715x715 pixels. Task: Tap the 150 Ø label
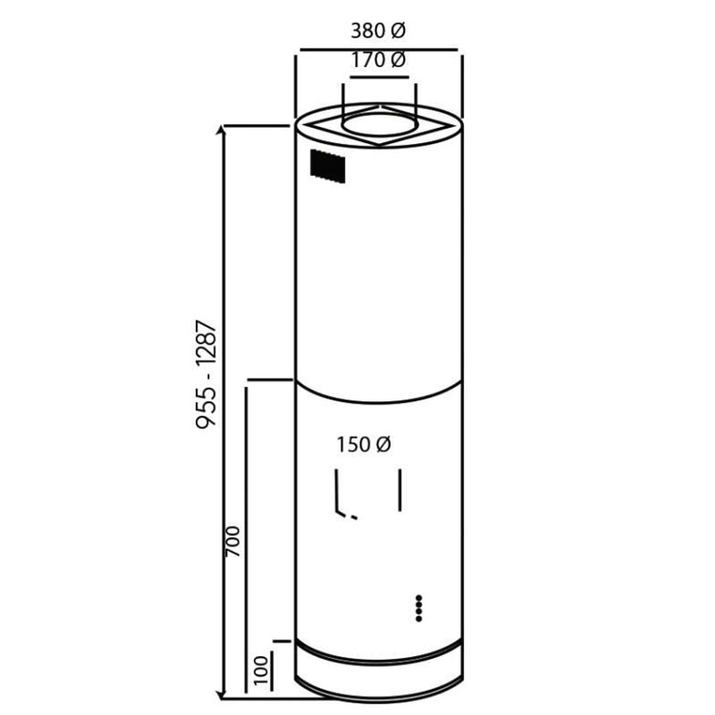coord(365,444)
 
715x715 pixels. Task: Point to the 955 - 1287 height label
coord(206,374)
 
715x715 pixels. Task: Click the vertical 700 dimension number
coord(233,542)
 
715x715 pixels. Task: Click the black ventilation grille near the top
coord(328,166)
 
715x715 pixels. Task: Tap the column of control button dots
coord(418,607)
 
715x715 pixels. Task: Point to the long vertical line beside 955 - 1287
coord(224,411)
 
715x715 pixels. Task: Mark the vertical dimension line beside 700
coord(248,536)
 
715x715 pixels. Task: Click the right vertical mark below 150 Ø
coord(401,490)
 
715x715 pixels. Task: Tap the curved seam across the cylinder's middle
coord(379,394)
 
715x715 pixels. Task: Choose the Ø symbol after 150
coord(385,444)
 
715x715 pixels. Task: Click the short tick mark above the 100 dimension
coord(282,641)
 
